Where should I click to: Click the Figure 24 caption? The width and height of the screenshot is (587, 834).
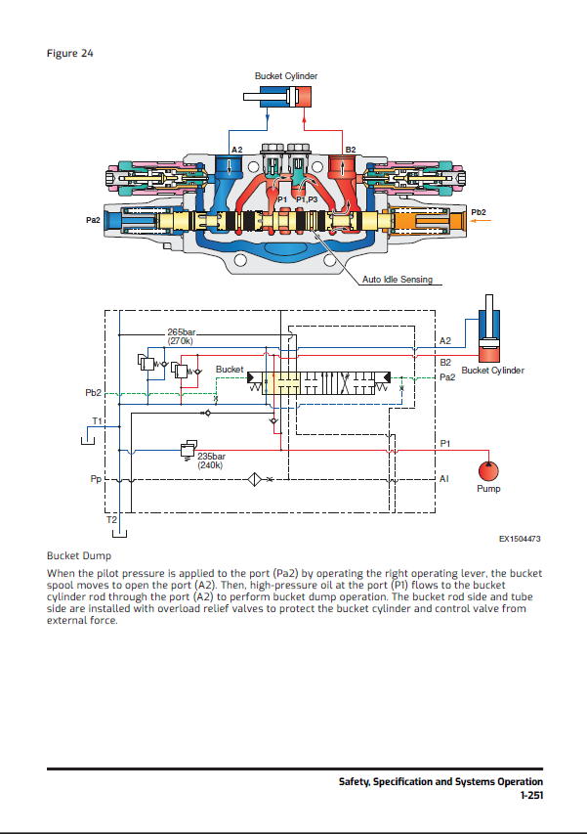tap(69, 53)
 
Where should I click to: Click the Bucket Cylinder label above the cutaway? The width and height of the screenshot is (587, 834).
tap(285, 76)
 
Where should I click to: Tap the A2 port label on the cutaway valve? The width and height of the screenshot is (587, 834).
tap(236, 150)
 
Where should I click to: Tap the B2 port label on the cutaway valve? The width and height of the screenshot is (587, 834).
tap(351, 150)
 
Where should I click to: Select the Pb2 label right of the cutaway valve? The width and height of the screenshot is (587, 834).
tap(478, 211)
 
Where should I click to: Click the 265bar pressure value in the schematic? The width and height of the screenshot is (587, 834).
tap(183, 332)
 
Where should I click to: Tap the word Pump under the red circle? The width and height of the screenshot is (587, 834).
tap(488, 489)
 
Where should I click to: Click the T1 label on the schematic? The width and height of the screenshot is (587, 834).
tap(97, 420)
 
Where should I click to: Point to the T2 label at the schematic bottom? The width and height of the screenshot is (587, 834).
tap(111, 519)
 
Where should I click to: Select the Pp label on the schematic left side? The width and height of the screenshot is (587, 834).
tap(96, 480)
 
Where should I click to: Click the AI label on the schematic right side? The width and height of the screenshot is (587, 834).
tap(444, 479)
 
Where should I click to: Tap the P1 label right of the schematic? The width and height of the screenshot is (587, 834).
tap(444, 443)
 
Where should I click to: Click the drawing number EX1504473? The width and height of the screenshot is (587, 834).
tap(520, 539)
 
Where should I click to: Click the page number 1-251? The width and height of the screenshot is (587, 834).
tap(531, 797)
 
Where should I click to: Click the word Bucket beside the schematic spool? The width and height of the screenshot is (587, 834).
tap(230, 370)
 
